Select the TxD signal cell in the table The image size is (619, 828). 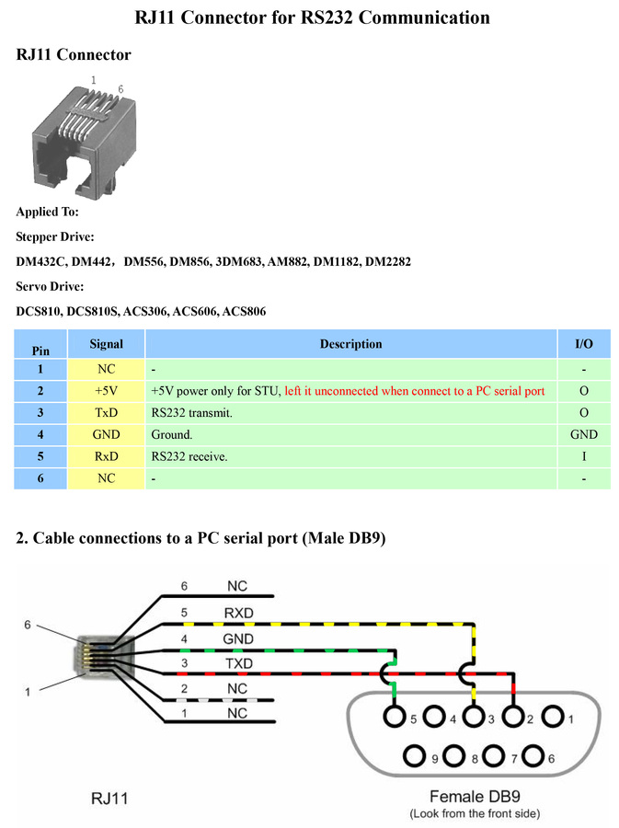[106, 412]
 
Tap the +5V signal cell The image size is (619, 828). [106, 391]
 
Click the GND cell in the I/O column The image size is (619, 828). [584, 434]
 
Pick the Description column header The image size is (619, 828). [350, 344]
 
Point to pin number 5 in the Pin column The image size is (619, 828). [40, 456]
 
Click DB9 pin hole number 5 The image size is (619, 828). [396, 717]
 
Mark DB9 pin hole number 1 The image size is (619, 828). [553, 717]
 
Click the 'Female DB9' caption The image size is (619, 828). [473, 797]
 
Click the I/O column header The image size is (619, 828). [584, 344]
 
